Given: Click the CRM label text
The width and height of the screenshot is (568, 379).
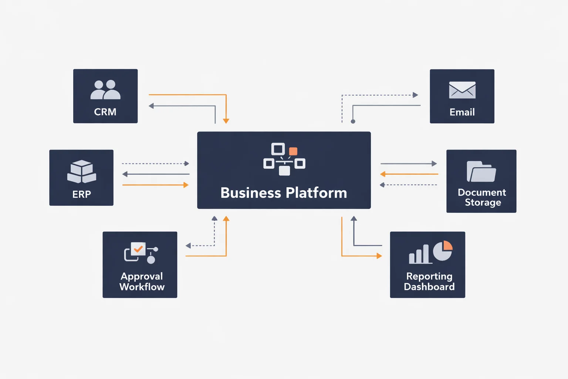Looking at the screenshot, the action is (105, 112).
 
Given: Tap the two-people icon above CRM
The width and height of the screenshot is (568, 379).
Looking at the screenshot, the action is (105, 90).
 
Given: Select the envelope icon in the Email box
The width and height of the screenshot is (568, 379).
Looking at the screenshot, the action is (462, 90).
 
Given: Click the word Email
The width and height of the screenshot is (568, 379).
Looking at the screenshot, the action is (462, 112).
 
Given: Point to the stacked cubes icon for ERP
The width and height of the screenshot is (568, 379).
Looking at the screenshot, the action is (82, 171).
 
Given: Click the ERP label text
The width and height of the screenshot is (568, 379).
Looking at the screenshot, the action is (82, 194).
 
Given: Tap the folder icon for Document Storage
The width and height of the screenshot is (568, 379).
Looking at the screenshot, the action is (481, 172).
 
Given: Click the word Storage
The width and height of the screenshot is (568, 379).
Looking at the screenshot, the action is (483, 202).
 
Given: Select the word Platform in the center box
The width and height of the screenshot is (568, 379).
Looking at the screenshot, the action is (317, 193).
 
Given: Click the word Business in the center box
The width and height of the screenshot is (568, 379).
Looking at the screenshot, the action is (251, 193).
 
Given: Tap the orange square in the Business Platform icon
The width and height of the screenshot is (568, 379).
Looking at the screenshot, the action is (293, 151).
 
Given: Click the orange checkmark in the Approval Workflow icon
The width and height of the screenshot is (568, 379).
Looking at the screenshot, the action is (138, 249).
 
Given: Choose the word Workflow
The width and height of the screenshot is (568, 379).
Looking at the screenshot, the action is (142, 287).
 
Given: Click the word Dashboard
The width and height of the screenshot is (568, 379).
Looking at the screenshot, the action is (429, 287).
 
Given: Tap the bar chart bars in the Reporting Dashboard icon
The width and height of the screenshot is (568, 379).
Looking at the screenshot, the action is (419, 254).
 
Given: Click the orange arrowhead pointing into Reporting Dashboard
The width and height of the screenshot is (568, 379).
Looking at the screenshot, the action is (379, 256).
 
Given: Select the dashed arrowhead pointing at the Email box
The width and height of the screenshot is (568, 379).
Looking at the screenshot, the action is (415, 95).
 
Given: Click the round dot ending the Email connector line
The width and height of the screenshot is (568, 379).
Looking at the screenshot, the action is (353, 122).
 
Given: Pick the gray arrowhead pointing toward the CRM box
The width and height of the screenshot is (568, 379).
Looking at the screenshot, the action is (151, 106).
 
